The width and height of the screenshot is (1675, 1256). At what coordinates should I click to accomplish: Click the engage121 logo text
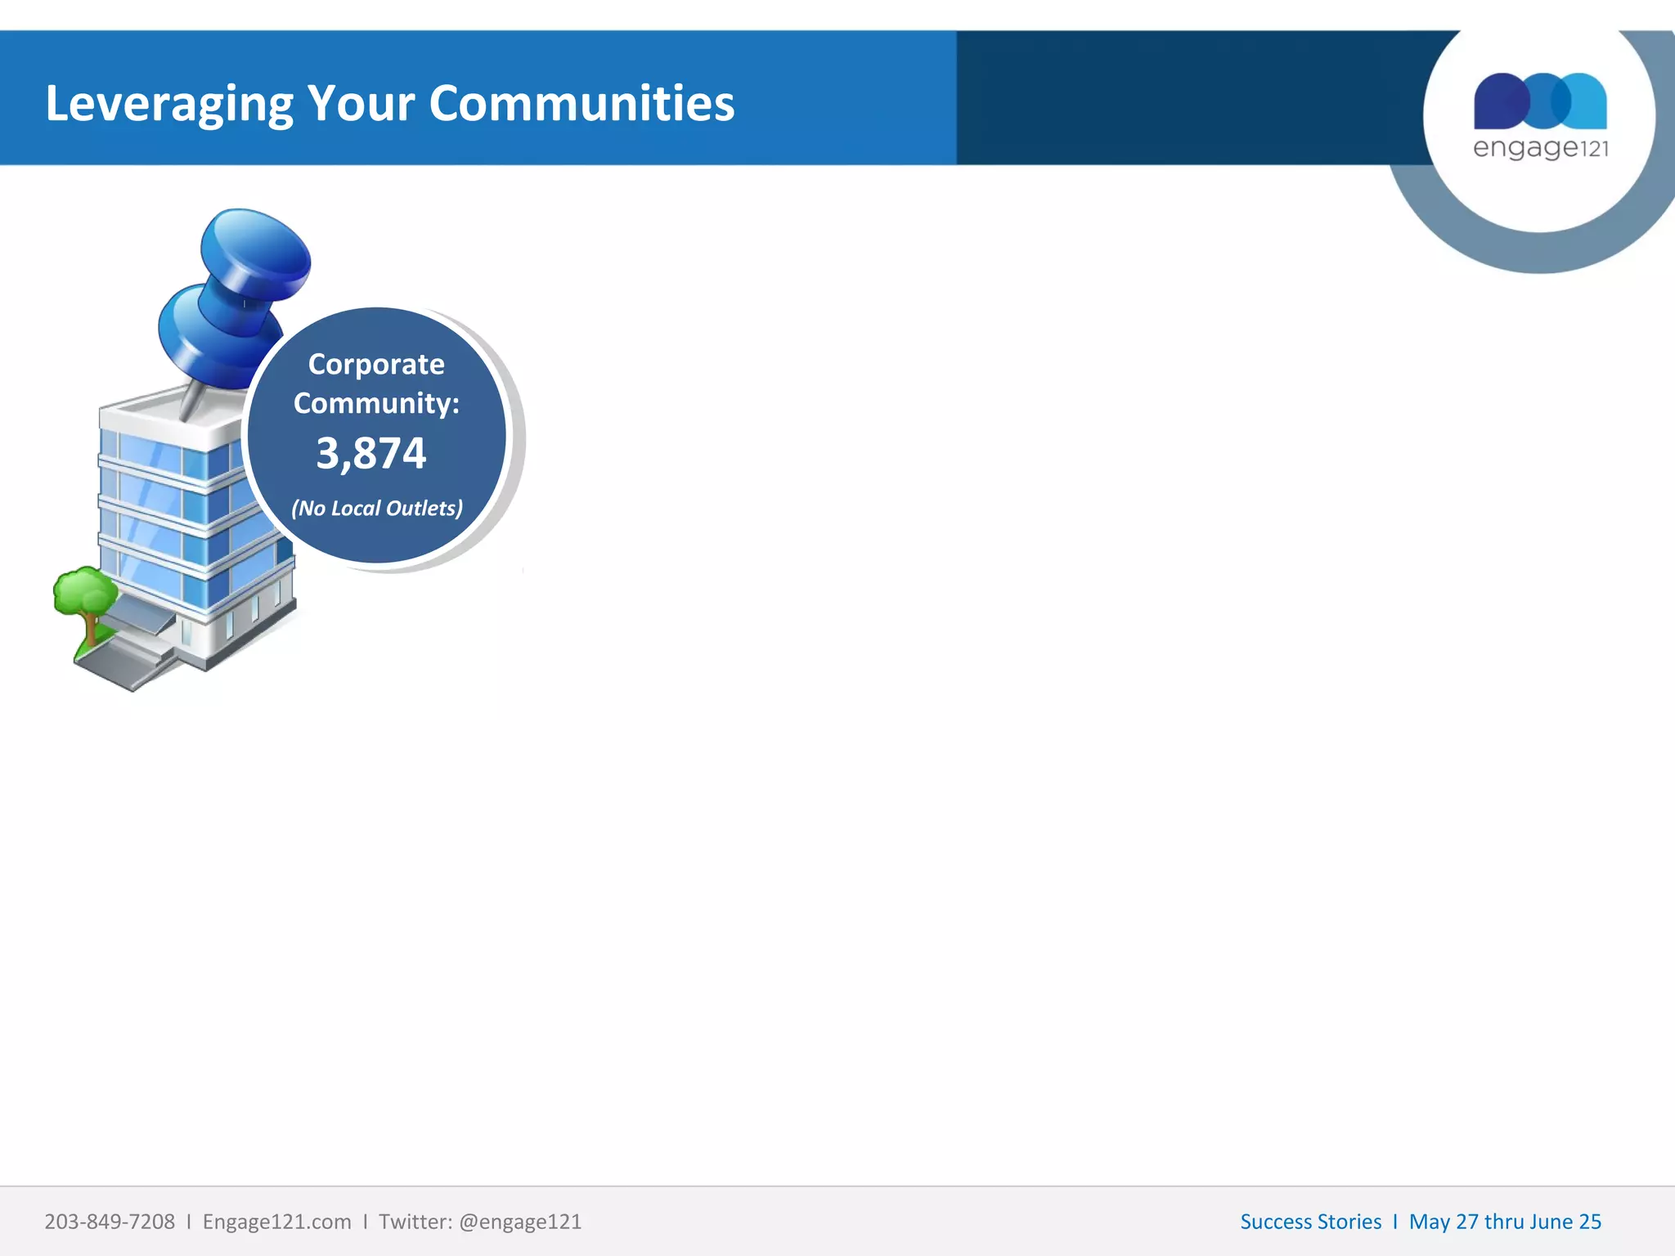[x=1540, y=149]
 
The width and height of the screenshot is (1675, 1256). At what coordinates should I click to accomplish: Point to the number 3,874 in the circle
[x=371, y=453]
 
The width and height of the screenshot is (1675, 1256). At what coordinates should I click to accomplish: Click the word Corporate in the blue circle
[x=376, y=364]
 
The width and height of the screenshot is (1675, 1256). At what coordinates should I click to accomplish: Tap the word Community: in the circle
[x=376, y=403]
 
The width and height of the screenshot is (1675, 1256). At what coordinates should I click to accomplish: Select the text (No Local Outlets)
[x=377, y=508]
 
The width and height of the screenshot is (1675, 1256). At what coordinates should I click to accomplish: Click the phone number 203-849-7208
[x=110, y=1222]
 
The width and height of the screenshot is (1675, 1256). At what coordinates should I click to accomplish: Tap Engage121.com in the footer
[x=276, y=1222]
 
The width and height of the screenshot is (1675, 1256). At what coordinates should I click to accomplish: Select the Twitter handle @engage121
[x=520, y=1222]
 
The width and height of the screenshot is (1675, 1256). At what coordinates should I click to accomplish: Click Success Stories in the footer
[x=1310, y=1222]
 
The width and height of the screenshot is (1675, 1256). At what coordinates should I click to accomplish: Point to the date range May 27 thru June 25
[x=1505, y=1222]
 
